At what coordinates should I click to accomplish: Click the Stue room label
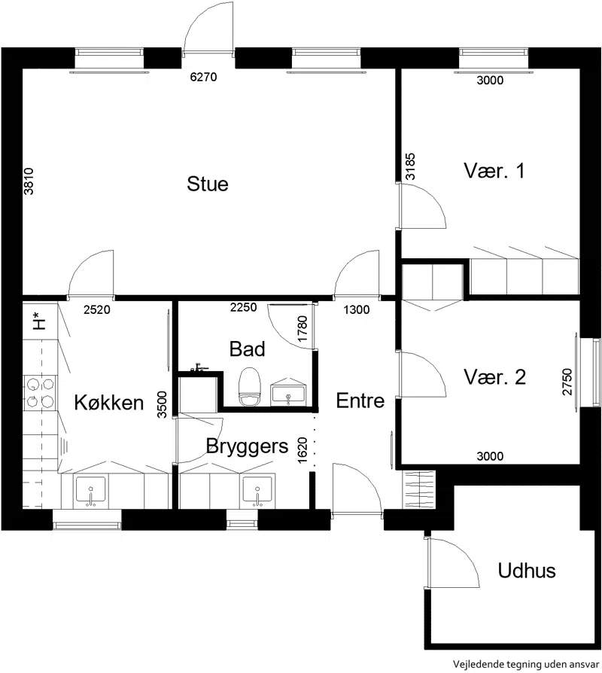pyautogui.click(x=207, y=184)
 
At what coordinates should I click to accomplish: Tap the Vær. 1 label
pyautogui.click(x=494, y=170)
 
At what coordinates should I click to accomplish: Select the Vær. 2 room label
pyautogui.click(x=494, y=377)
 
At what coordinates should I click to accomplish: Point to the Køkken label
pyautogui.click(x=108, y=402)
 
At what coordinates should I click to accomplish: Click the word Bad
pyautogui.click(x=247, y=349)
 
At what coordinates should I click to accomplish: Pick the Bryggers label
pyautogui.click(x=247, y=446)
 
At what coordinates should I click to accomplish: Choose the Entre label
pyautogui.click(x=360, y=400)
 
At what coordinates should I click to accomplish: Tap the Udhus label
pyautogui.click(x=527, y=571)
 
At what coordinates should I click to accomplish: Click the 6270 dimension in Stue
pyautogui.click(x=203, y=78)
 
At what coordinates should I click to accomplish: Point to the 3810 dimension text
pyautogui.click(x=29, y=181)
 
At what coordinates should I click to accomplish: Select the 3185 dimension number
pyautogui.click(x=410, y=166)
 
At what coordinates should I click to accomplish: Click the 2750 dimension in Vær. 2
pyautogui.click(x=567, y=382)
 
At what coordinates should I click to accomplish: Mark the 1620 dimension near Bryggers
pyautogui.click(x=303, y=450)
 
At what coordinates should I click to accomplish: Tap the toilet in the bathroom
pyautogui.click(x=250, y=386)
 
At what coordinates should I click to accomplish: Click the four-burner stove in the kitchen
pyautogui.click(x=41, y=393)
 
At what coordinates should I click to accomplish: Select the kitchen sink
pyautogui.click(x=90, y=490)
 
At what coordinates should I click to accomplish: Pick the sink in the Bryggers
pyautogui.click(x=257, y=490)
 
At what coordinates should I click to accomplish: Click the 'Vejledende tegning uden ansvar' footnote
pyautogui.click(x=526, y=665)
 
